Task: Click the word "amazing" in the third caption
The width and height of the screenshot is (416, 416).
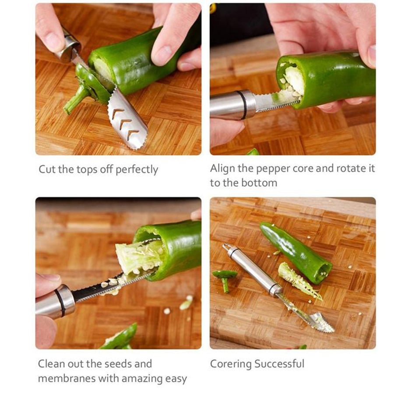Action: coord(138,379)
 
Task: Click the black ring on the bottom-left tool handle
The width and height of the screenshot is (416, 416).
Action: coord(60,302)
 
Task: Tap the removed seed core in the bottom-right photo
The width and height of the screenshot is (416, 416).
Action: coord(299,281)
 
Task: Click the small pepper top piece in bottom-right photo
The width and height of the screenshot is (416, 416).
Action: coord(225,278)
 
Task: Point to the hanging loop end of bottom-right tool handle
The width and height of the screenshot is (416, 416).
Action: coord(226,247)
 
